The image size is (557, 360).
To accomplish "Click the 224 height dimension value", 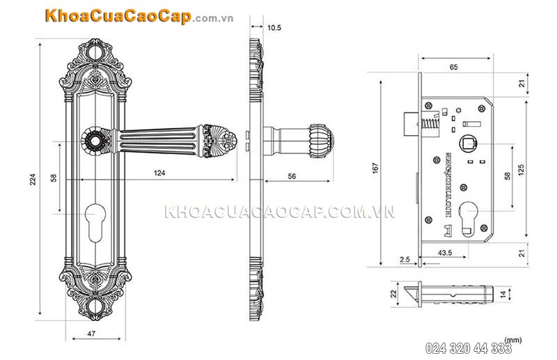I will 33,180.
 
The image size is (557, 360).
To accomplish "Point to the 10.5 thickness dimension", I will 274,28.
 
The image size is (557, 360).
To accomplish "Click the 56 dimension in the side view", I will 292,177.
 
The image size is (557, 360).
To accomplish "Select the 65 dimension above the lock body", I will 453,68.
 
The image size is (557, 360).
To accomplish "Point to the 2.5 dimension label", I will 405,259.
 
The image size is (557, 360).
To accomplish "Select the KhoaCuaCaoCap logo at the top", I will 114,17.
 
